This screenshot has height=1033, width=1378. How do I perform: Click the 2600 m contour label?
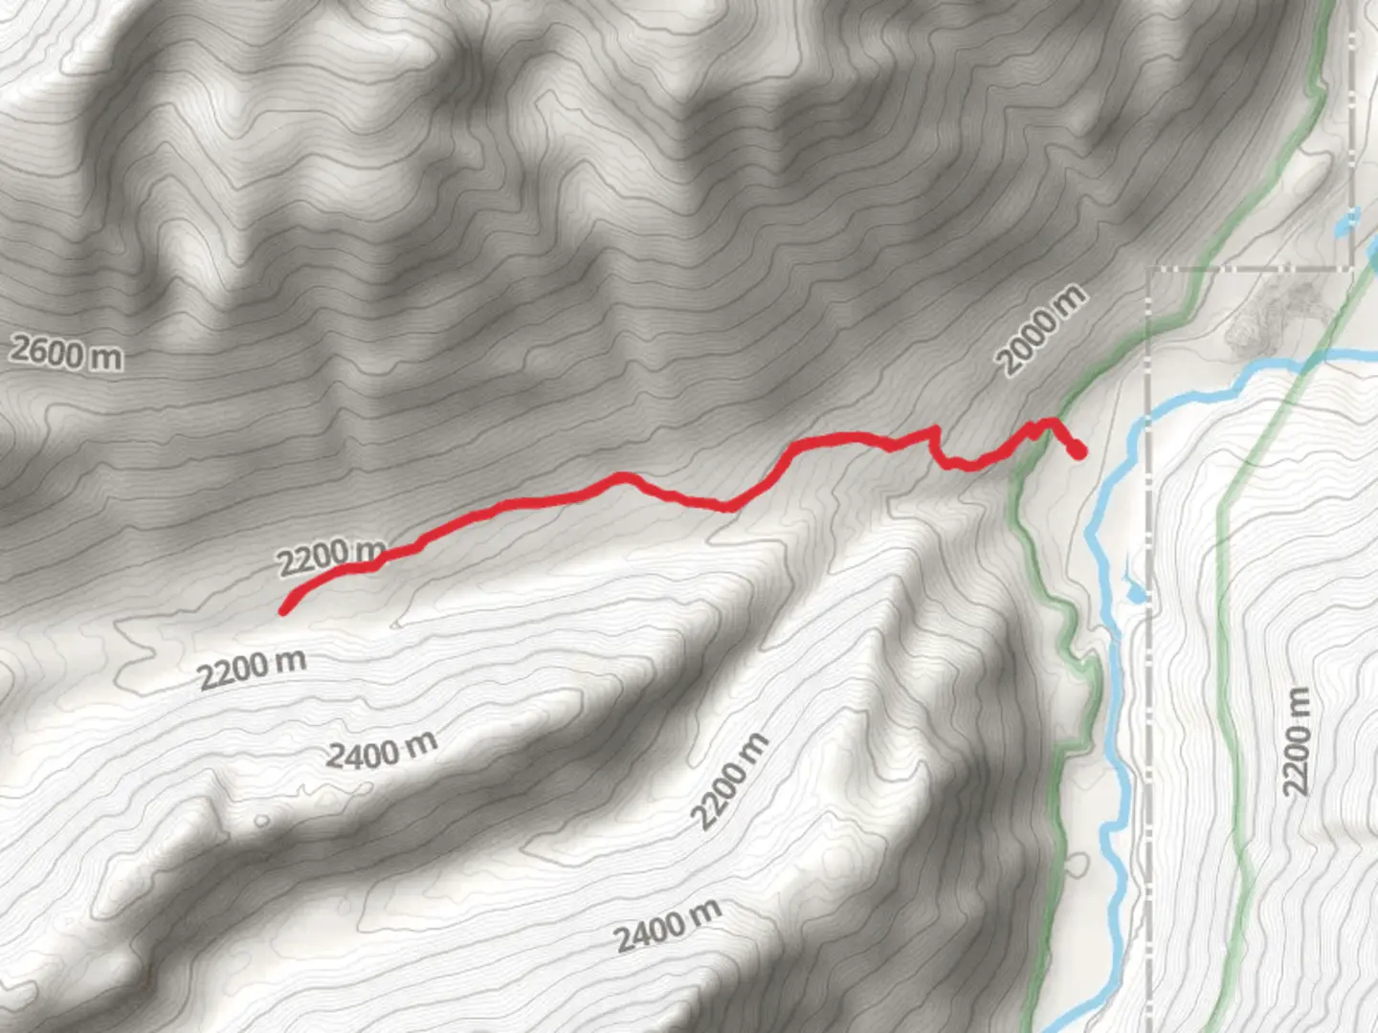[x=66, y=353]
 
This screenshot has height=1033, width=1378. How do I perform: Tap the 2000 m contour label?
[x=1041, y=331]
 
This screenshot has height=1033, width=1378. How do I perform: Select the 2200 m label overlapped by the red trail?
[x=330, y=557]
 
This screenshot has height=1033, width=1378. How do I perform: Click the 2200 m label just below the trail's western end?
[x=252, y=668]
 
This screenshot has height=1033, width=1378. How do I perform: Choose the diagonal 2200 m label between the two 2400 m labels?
[x=730, y=781]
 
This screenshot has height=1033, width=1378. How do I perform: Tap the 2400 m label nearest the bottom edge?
[x=667, y=925]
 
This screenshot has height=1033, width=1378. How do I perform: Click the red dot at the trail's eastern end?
[x=1078, y=450]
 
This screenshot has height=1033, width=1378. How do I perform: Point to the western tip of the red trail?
[x=283, y=610]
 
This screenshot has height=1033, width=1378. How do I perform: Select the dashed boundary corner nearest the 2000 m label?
[x=1150, y=271]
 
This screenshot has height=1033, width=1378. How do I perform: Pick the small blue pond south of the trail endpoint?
[x=1136, y=594]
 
